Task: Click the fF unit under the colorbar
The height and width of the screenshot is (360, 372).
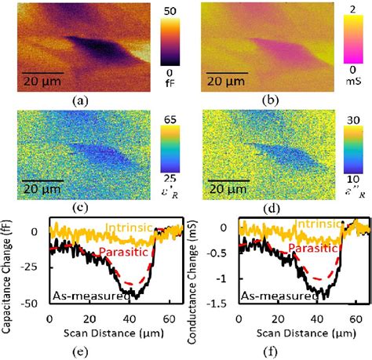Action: tap(171, 80)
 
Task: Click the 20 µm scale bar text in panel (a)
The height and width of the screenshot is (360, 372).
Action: tap(40, 82)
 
